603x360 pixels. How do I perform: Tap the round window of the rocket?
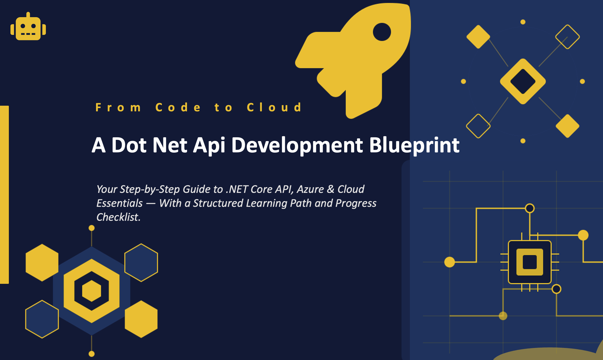pos(382,32)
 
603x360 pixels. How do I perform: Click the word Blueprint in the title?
pos(414,145)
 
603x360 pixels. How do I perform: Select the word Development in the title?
pos(297,145)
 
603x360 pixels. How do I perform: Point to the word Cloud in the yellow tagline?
pos(274,107)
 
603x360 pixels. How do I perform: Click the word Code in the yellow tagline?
pos(178,107)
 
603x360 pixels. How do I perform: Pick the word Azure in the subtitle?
pos(310,189)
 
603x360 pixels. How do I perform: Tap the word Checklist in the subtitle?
pos(118,217)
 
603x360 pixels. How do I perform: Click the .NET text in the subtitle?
pos(235,189)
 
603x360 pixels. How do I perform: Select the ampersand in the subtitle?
pos(330,189)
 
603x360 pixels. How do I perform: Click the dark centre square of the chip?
pos(530,262)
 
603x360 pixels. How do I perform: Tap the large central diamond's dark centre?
pos(523,81)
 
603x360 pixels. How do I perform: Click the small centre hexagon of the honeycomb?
pos(91,291)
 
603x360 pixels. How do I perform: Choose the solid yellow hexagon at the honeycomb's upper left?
pos(42,263)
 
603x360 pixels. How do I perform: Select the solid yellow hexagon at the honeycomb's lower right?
pos(141,319)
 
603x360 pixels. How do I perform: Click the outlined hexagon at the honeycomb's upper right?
pos(141,263)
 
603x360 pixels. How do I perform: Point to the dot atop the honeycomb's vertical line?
pos(91,228)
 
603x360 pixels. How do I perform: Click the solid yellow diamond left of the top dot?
pos(478,37)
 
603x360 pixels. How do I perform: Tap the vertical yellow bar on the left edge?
pos(4,194)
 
